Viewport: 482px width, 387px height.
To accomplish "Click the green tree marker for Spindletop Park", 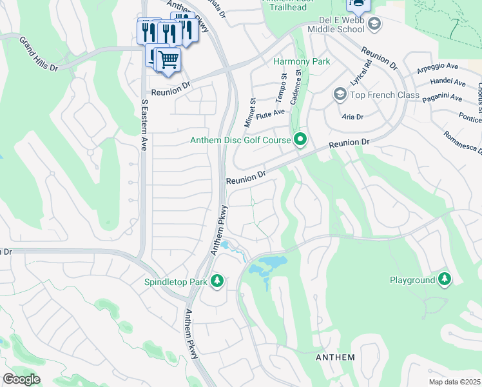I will [218, 281].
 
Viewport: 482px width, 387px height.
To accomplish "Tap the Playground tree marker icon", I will [444, 279].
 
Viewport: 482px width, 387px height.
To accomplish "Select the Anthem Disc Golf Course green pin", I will [300, 139].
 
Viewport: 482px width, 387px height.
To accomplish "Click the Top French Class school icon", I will [340, 95].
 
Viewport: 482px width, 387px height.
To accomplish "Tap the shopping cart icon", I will [169, 60].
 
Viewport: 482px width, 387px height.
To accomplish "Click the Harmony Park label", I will [302, 62].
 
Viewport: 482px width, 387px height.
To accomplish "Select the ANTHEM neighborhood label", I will [334, 357].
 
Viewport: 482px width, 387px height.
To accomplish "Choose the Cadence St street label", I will [298, 83].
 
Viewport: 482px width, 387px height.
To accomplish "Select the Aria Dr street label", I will [352, 117].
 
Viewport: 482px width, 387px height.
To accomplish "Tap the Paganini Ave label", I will [442, 98].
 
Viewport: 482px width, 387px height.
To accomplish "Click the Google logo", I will [21, 379].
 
